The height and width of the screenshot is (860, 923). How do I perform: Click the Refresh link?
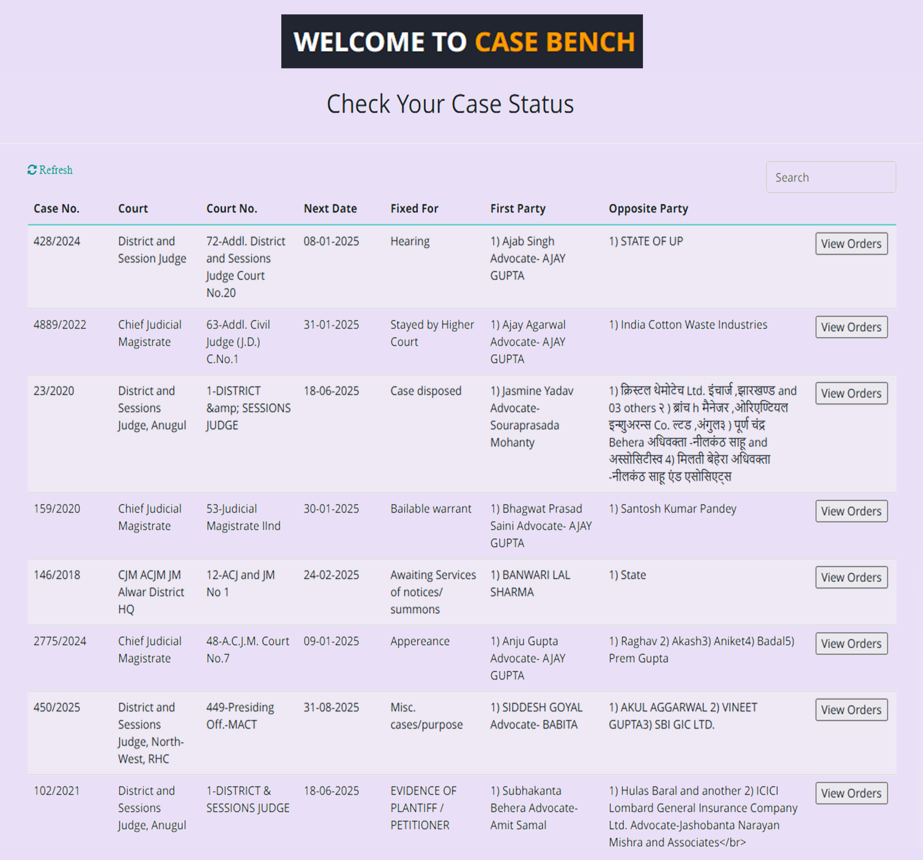click(50, 170)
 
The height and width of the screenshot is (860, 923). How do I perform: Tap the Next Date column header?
click(330, 209)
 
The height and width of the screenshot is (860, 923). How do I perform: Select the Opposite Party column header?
click(648, 209)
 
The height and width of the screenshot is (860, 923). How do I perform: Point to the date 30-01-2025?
click(331, 509)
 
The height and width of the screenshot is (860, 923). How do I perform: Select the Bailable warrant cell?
click(430, 509)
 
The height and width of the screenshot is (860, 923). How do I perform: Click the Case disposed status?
click(426, 391)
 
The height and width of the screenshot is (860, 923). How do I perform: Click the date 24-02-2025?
click(331, 575)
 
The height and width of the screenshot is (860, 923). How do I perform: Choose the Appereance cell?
click(420, 641)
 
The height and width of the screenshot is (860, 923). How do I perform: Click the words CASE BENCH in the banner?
click(554, 42)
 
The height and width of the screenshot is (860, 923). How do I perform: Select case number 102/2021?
click(57, 791)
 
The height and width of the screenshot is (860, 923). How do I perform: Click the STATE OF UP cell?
click(646, 241)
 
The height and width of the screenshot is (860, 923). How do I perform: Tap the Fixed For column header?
click(414, 209)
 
